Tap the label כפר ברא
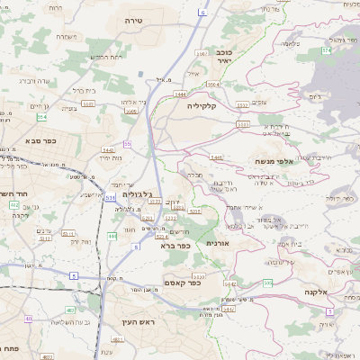pyautogui.click(x=175, y=245)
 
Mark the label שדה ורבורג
pyautogui.click(x=24, y=80)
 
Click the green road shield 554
pyautogui.click(x=41, y=117)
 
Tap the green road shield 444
pyautogui.click(x=112, y=236)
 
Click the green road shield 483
pyautogui.click(x=118, y=340)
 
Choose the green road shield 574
pyautogui.click(x=326, y=49)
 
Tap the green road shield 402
pyautogui.click(x=13, y=206)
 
